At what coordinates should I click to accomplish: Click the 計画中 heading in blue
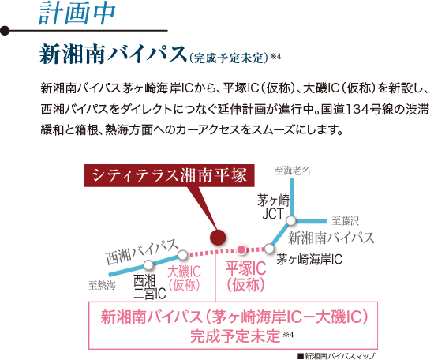[x=77, y=13]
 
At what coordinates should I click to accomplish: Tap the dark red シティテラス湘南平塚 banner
[x=170, y=175]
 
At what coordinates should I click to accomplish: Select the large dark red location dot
[x=218, y=238]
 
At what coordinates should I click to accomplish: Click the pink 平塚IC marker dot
[x=241, y=249]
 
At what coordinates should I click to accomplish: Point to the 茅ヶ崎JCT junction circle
[x=291, y=221]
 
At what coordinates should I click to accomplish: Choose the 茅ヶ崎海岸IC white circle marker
[x=269, y=249]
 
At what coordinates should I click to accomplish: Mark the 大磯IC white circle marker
[x=183, y=255]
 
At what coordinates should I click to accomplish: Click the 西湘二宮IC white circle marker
[x=148, y=264]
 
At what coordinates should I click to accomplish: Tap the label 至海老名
[x=293, y=171]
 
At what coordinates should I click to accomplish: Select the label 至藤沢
[x=345, y=221]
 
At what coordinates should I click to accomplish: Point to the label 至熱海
[x=102, y=285]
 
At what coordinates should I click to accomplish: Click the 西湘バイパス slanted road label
[x=142, y=251]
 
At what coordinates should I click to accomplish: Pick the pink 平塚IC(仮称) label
[x=245, y=276]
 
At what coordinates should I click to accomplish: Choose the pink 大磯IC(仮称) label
[x=184, y=279]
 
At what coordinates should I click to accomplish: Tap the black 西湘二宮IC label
[x=149, y=287]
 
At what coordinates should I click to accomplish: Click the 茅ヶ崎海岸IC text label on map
[x=309, y=260]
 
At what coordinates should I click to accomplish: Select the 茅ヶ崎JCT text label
[x=274, y=207]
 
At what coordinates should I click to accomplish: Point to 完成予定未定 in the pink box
[x=235, y=336]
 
